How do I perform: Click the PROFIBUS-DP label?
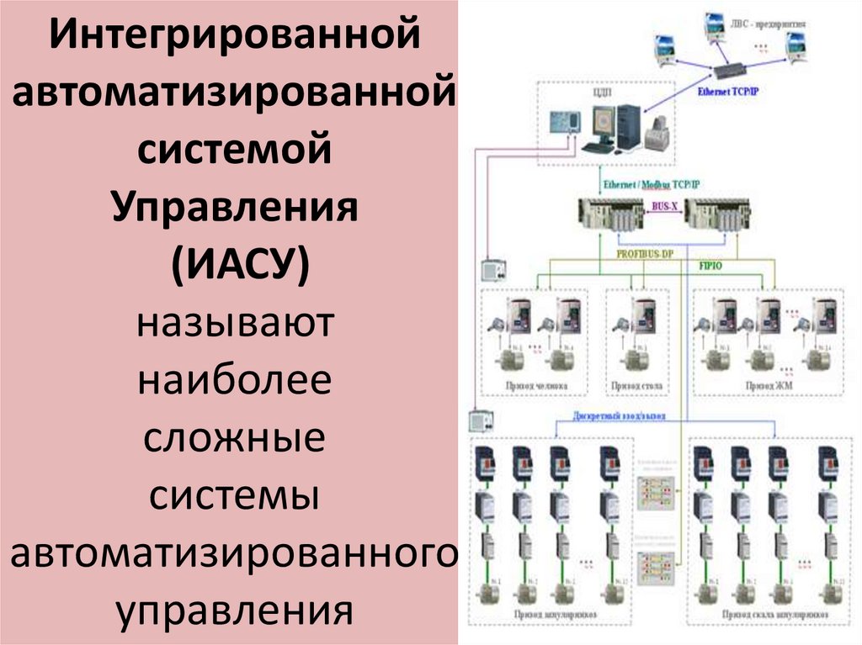pyautogui.click(x=645, y=253)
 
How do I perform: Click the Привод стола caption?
pyautogui.click(x=637, y=387)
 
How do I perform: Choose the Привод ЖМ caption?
pyautogui.click(x=764, y=387)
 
